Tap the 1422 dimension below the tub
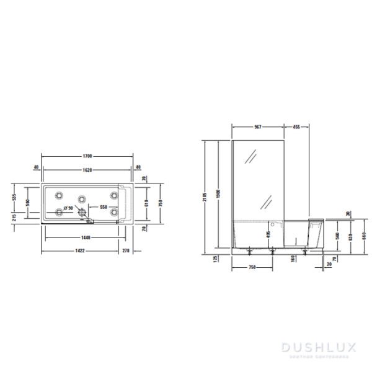tap(80, 250)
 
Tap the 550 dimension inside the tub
tap(104, 206)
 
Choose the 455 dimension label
tap(296, 126)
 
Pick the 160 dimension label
tap(291, 259)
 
